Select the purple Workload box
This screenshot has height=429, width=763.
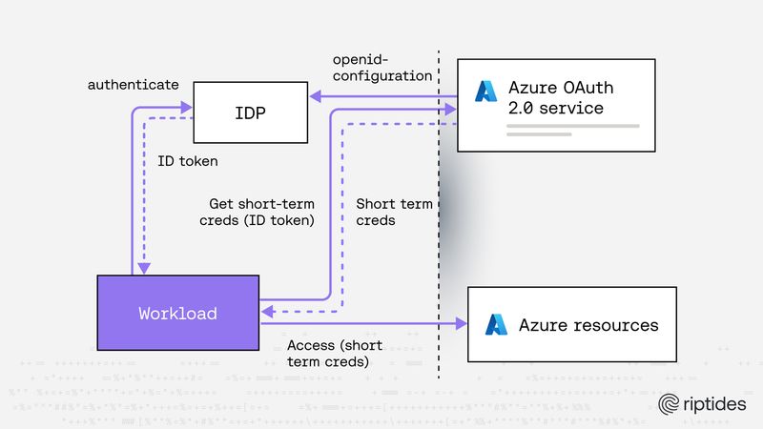[177, 313]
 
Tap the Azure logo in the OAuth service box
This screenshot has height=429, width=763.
[487, 92]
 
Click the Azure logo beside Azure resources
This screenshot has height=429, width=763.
[497, 325]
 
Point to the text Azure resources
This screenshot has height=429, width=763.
[588, 325]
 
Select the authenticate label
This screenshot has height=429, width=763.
[134, 85]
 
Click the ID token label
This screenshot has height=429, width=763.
[187, 161]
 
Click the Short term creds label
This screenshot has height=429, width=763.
[393, 212]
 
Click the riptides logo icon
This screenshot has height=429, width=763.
[670, 404]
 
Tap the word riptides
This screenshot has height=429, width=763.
[716, 404]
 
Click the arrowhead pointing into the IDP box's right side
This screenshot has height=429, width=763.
[314, 95]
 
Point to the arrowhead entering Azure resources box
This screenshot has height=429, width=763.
[461, 323]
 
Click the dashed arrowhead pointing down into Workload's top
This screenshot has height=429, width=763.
[144, 269]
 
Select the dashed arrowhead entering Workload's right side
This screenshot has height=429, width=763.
[266, 311]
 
